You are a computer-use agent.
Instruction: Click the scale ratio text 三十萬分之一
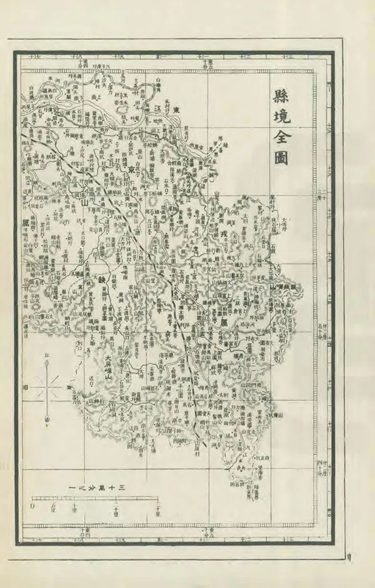pos(99,489)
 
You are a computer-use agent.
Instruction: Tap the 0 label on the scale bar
pos(32,507)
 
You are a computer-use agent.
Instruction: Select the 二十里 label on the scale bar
pos(116,511)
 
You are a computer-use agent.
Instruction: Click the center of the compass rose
pos(49,388)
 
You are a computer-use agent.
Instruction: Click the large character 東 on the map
pos(177,111)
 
